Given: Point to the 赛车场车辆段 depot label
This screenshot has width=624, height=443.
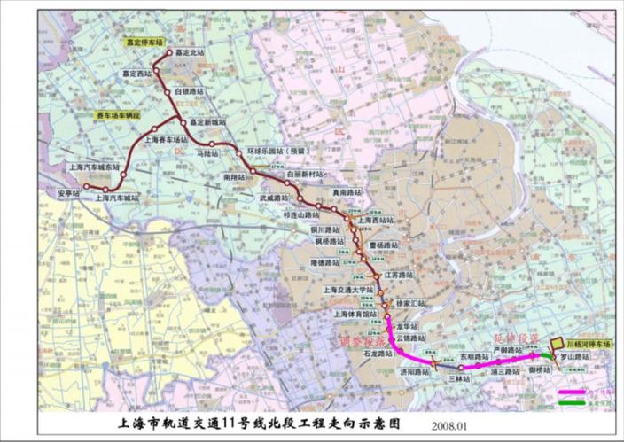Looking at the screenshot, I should pyautogui.click(x=118, y=116).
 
